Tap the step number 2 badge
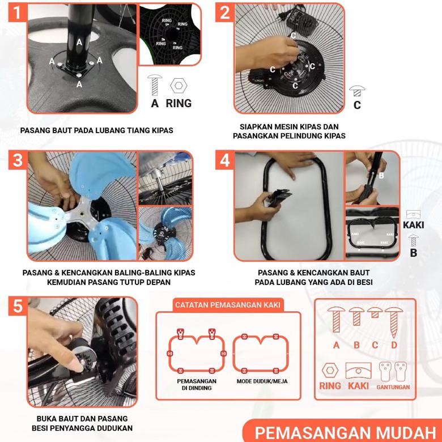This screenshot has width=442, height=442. (225, 12)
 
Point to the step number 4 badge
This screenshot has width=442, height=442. (225, 160)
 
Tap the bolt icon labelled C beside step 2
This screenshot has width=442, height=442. (356, 91)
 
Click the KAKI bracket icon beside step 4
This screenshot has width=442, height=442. (413, 215)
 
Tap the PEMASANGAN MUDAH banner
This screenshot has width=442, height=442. (343, 431)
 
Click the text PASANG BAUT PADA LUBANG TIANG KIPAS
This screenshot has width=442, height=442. (96, 130)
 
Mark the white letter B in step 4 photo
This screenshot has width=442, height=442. (381, 176)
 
